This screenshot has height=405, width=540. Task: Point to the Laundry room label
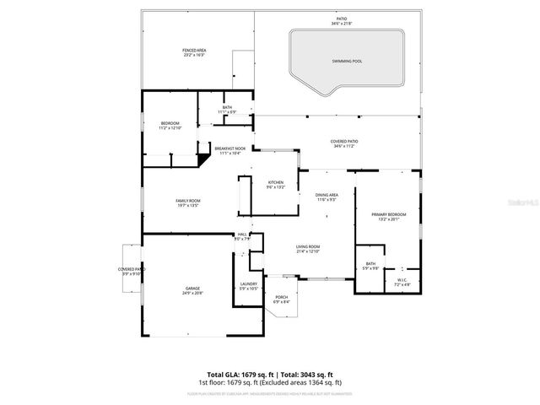click(x=248, y=286)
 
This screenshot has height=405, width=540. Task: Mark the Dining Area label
click(x=327, y=197)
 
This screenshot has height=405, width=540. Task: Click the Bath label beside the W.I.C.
click(x=370, y=267)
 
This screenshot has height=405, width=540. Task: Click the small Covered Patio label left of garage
click(x=132, y=271)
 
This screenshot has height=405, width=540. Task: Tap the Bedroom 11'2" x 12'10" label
click(x=171, y=126)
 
